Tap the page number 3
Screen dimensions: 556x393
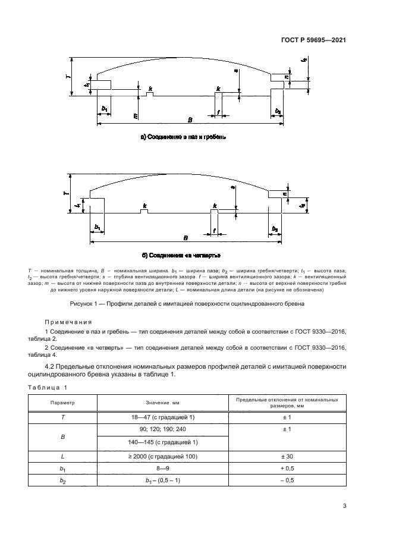345,507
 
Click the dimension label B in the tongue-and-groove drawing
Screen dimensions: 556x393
190,120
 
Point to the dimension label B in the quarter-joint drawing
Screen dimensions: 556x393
186,237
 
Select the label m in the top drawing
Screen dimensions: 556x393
136,115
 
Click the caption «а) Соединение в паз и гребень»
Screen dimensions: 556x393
183,137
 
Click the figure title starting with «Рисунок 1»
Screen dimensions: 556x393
187,303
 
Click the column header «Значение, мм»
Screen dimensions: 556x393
162,403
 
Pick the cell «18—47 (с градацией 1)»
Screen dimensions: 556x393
162,417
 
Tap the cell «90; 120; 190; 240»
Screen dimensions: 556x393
162,429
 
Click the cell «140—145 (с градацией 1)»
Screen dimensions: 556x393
162,442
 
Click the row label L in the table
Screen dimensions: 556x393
63,457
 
